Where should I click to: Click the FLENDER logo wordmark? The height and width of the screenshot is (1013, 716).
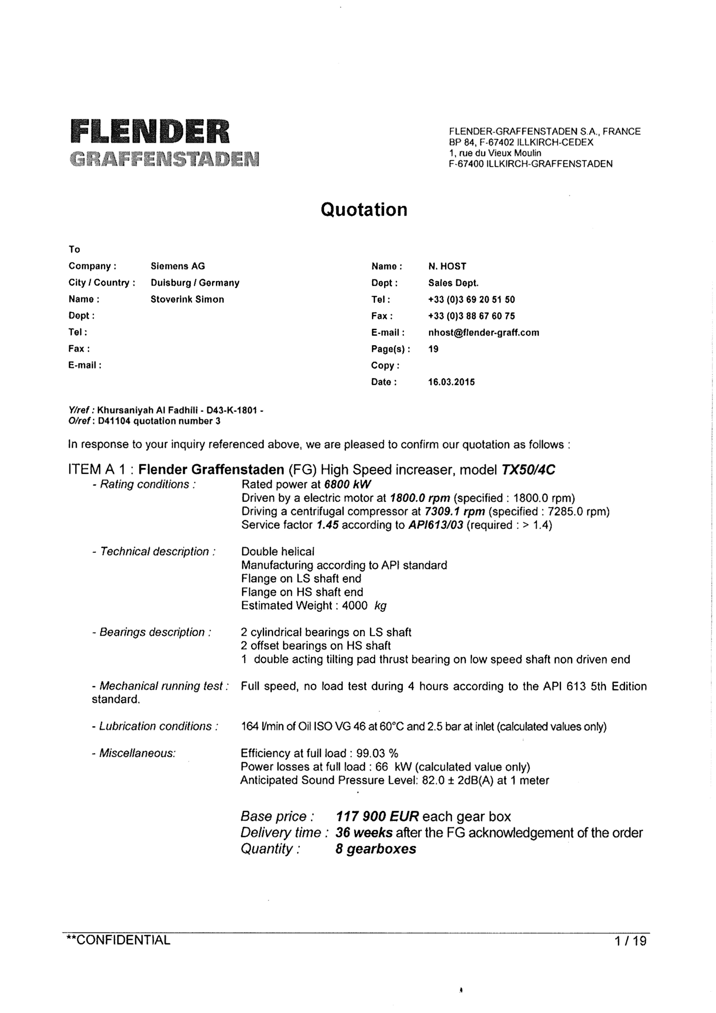point(150,132)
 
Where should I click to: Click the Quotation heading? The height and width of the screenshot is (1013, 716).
point(364,209)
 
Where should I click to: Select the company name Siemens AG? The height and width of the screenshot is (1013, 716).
point(178,266)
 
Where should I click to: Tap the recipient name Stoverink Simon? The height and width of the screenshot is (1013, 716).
point(187,299)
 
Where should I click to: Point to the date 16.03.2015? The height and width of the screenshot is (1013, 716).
point(451,382)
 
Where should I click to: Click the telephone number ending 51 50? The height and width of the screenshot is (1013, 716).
point(471,299)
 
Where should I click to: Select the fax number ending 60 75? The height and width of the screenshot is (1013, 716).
point(471,316)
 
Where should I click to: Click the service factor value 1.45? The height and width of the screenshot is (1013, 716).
point(327,525)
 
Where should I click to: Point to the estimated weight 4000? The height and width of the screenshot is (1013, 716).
point(355,605)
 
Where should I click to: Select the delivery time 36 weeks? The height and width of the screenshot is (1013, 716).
point(364,833)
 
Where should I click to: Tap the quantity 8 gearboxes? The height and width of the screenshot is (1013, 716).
point(375,849)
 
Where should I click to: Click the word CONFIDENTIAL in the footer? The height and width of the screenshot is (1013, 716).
point(123,940)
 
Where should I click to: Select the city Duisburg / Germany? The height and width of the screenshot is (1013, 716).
point(195,283)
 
